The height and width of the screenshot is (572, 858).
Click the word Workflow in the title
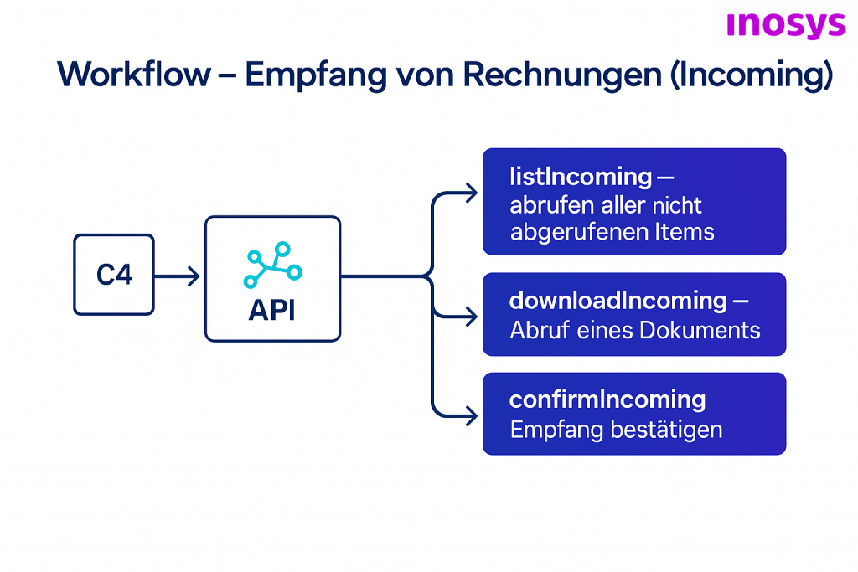point(134,75)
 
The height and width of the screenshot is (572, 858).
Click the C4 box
point(114,275)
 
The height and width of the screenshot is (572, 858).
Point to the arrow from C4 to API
point(178,276)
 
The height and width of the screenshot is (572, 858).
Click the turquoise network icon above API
point(273,265)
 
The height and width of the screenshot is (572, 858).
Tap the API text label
point(272,311)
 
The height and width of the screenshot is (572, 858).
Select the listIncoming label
point(581,177)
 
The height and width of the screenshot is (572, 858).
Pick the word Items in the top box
point(684,232)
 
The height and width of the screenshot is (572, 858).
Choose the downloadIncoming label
point(618,300)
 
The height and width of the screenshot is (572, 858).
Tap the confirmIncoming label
point(607,399)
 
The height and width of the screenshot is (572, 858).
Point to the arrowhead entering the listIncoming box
point(472,193)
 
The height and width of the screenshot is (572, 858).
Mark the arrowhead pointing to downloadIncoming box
point(472,317)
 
